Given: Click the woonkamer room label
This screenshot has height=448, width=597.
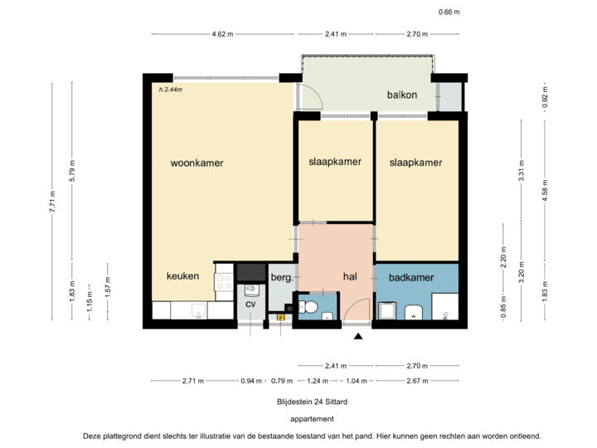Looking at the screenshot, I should [197, 163].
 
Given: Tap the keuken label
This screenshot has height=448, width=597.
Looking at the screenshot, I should [182, 276].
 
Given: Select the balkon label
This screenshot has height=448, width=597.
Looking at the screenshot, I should [401, 95].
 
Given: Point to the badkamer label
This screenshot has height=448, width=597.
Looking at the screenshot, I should [411, 278].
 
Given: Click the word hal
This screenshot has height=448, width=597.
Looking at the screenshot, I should [350, 278].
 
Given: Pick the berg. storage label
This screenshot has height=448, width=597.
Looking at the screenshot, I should [281, 278].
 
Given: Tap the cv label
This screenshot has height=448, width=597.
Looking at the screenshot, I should [250, 304].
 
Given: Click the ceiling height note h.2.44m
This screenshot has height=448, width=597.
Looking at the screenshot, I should [170, 88].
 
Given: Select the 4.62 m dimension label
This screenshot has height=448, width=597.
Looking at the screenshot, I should [222, 34].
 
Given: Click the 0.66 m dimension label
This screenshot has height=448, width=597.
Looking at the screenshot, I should [448, 12].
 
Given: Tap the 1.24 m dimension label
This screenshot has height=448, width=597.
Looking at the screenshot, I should [315, 381].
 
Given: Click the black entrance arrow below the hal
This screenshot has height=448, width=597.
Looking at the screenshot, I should [358, 336].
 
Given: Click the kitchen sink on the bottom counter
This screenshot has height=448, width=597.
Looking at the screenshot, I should [197, 310].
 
